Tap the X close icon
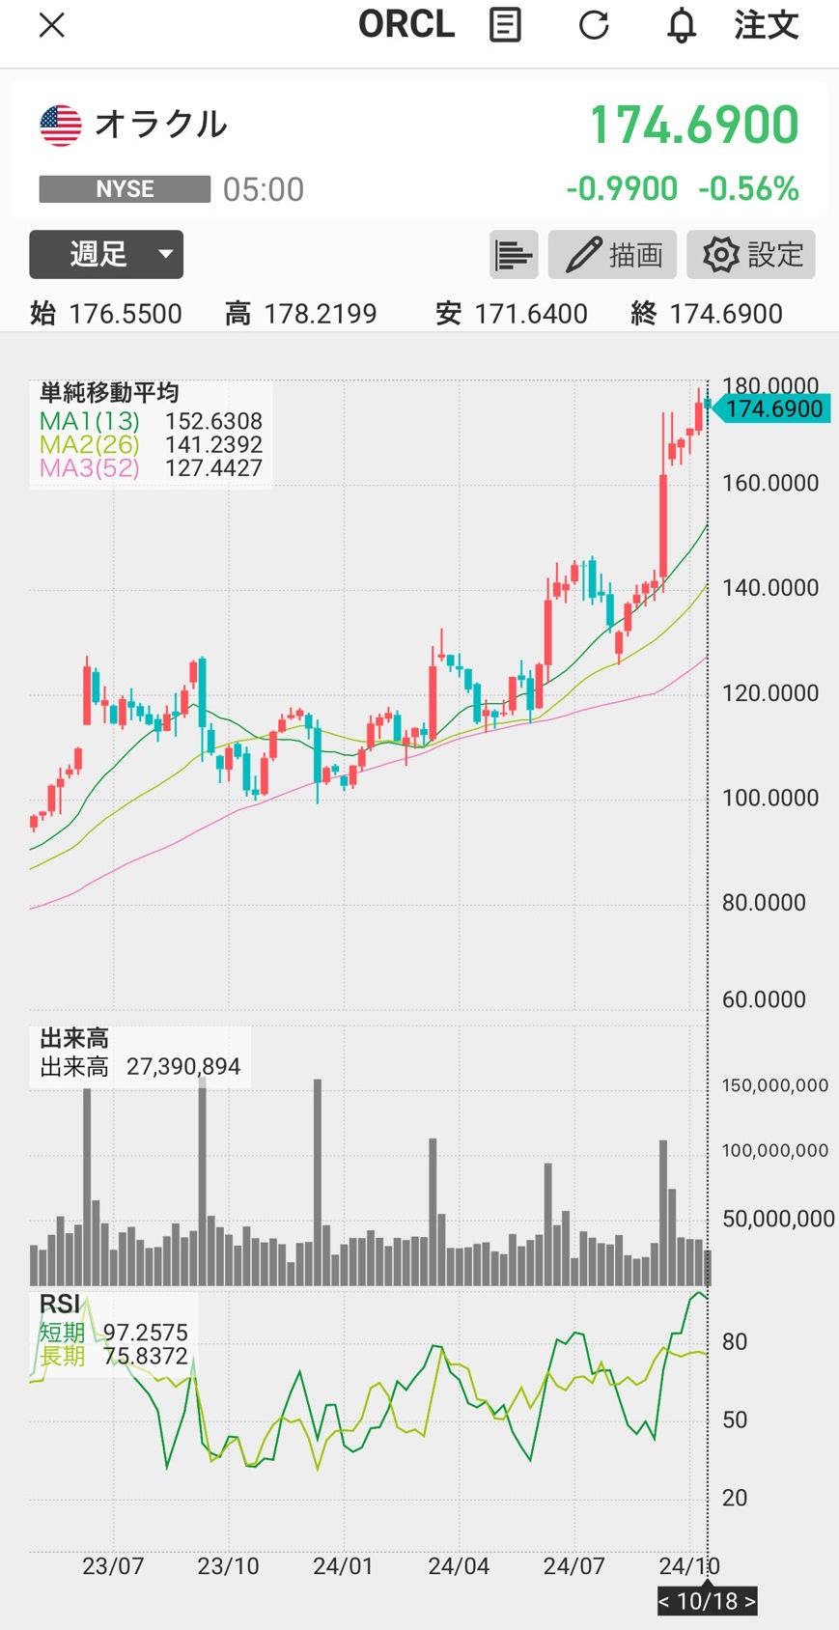[x=52, y=26]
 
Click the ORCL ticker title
[x=406, y=25]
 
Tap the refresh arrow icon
[x=594, y=25]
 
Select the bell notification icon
[x=682, y=26]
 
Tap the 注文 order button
[x=767, y=25]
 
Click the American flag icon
[x=61, y=126]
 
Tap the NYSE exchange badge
[x=125, y=189]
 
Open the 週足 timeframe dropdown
[x=106, y=254]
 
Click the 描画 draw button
[x=612, y=255]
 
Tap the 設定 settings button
[x=751, y=255]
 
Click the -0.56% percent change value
[x=749, y=189]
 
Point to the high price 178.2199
[x=321, y=315]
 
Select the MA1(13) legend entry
[x=90, y=421]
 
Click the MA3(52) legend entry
[x=90, y=467]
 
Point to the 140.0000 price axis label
[x=769, y=587]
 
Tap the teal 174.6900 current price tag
[x=769, y=408]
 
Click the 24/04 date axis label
[x=459, y=1566]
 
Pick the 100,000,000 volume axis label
[x=774, y=1150]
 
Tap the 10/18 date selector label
[x=708, y=1601]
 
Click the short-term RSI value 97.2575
[x=146, y=1333]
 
